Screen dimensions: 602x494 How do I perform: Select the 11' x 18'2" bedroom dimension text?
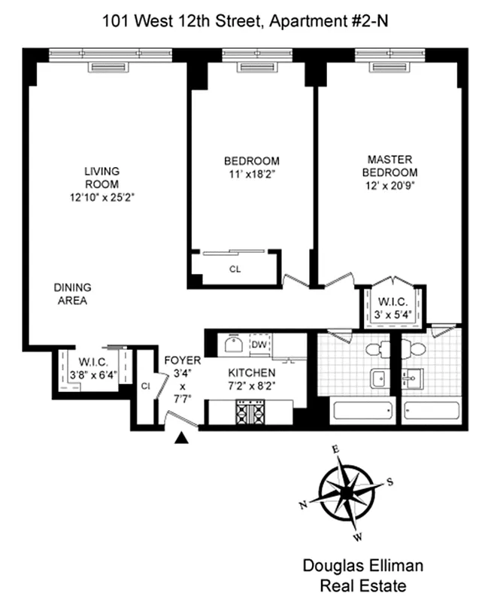point(251,175)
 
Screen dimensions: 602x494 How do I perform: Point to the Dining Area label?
point(72,294)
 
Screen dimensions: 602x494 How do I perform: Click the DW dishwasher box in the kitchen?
point(259,345)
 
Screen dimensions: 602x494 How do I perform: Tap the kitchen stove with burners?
point(248,413)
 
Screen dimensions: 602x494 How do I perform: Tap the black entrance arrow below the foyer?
point(181,439)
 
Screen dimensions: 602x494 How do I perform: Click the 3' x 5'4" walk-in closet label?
point(394,309)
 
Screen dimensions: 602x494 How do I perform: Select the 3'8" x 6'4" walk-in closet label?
point(89,368)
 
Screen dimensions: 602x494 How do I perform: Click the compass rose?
point(347,492)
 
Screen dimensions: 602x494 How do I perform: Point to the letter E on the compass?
point(336,449)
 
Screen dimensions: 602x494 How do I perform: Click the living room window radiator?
point(110,67)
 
